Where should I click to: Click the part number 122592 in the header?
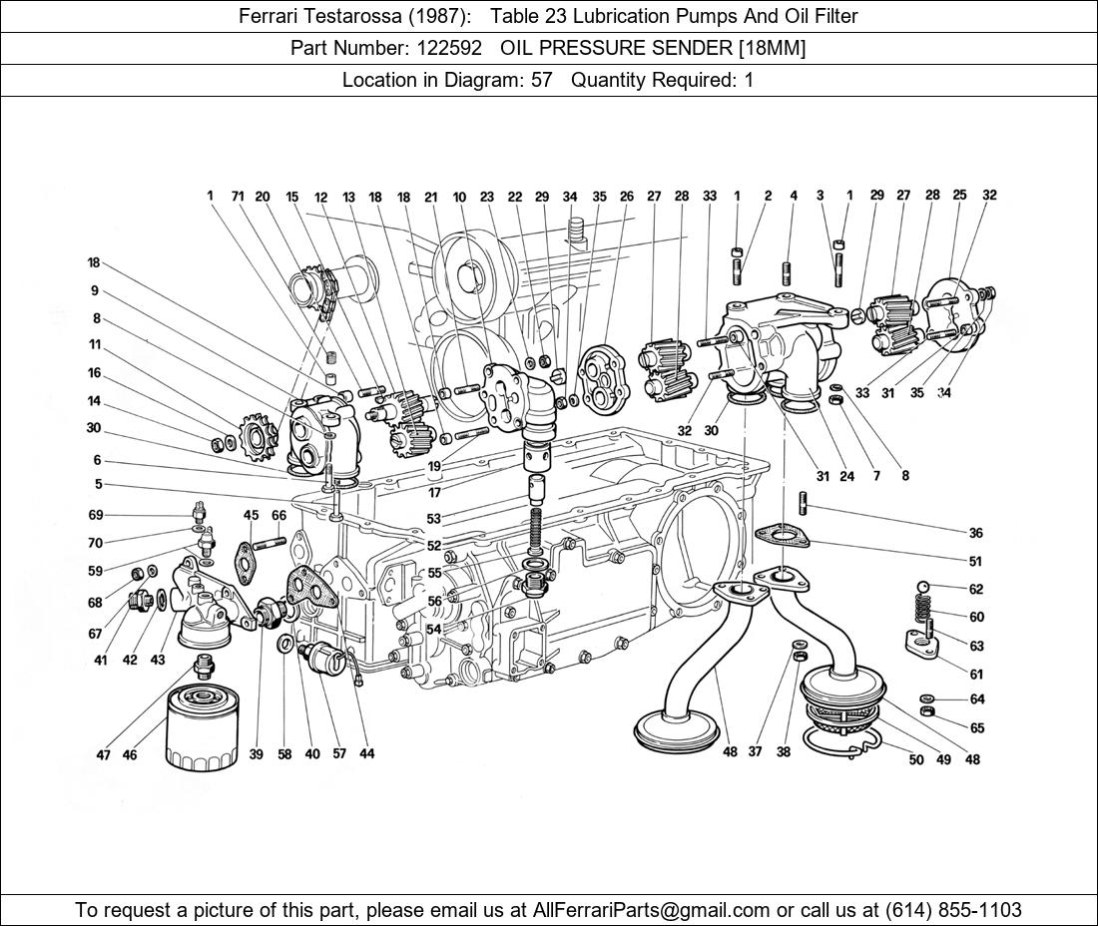(453, 48)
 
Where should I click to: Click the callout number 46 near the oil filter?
(130, 755)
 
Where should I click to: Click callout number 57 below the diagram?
(339, 753)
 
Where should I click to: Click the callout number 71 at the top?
(238, 197)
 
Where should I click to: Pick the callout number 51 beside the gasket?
(975, 562)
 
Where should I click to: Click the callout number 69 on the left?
(96, 515)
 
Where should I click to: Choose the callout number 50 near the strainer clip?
(916, 759)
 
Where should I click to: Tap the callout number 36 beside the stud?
(975, 533)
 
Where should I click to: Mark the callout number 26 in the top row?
(626, 197)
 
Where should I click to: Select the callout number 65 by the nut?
(976, 728)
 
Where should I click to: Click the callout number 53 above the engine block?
(433, 519)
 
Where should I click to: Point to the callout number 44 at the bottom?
(367, 753)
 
